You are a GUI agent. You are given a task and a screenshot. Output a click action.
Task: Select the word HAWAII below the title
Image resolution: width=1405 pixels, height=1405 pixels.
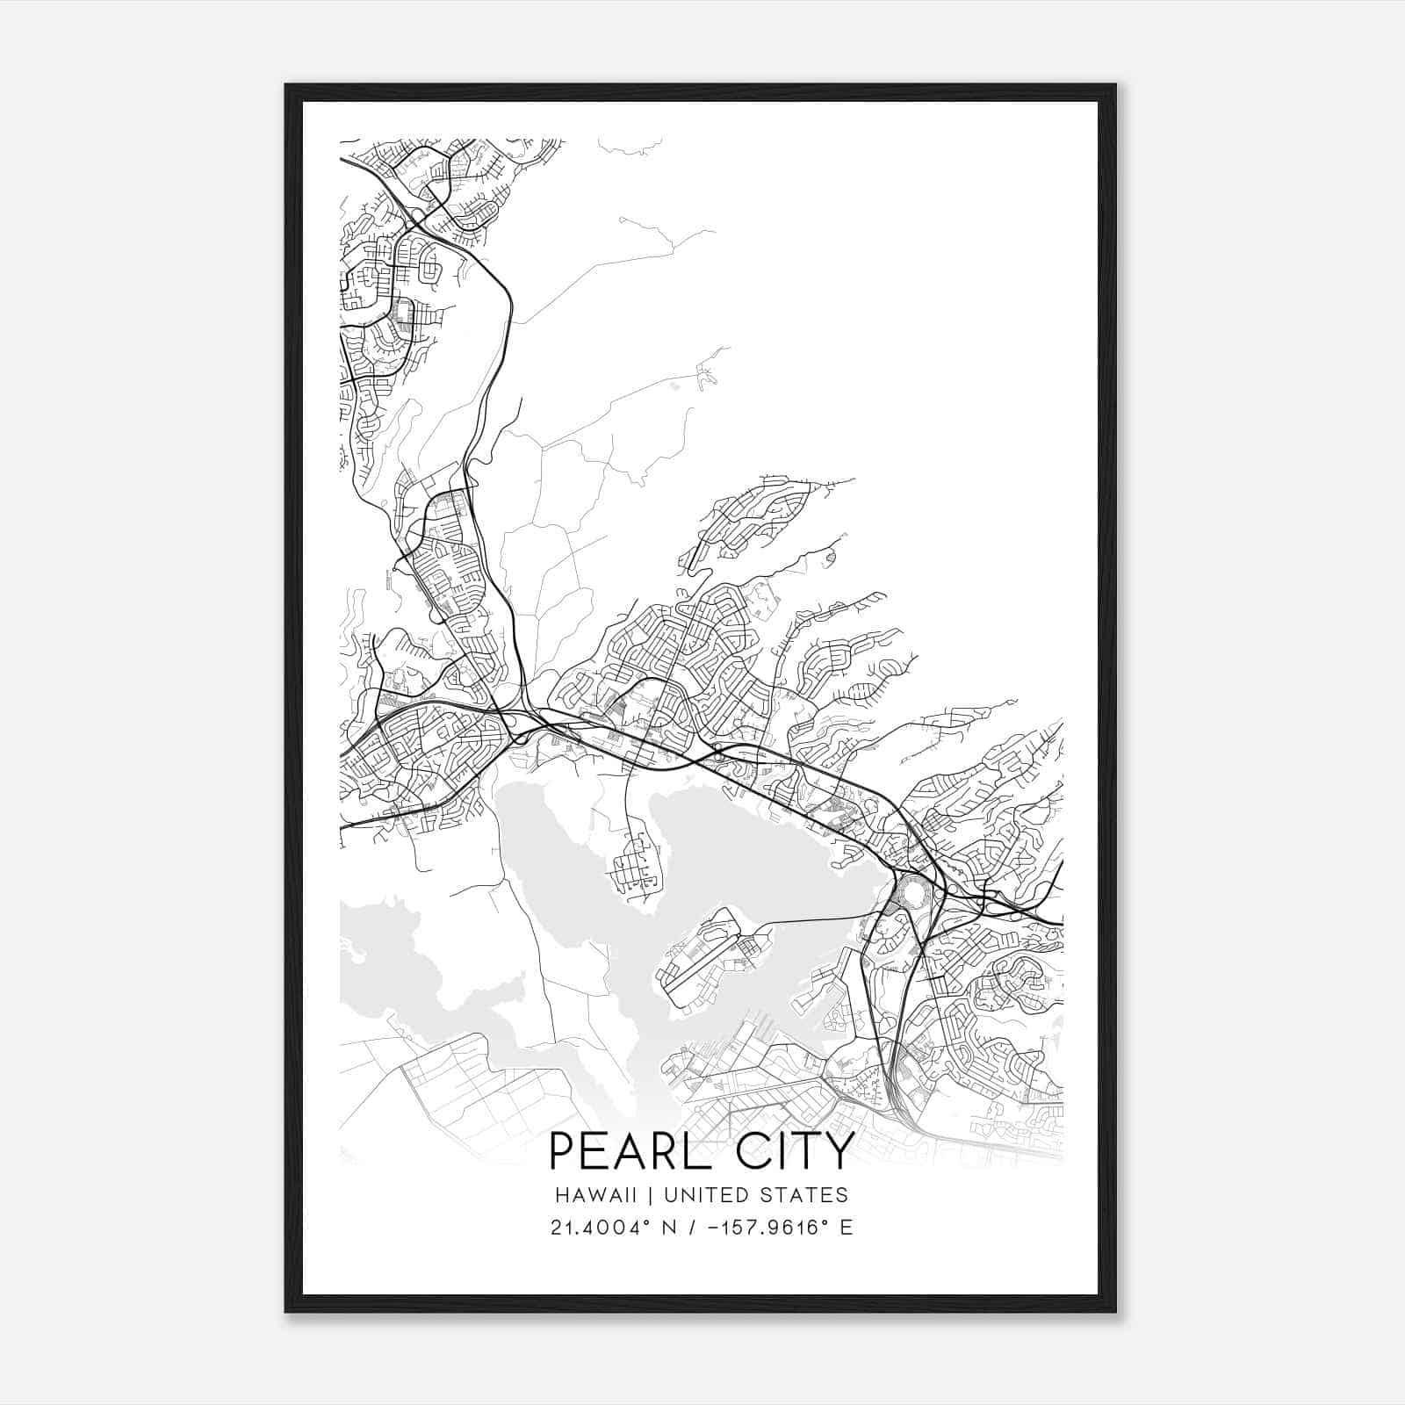pos(602,1195)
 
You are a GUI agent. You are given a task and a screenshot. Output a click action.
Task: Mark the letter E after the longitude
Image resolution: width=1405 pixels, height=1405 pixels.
pos(847,1228)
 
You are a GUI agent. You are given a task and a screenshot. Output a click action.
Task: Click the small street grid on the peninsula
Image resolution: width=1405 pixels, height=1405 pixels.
pos(637,865)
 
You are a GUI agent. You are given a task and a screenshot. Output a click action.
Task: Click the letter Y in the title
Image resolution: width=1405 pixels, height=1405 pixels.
pos(839,1152)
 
